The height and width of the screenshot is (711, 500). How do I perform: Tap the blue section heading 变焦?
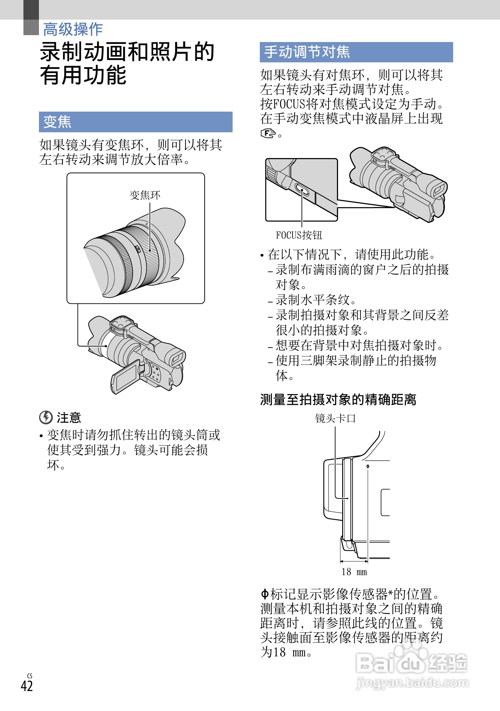[57, 122]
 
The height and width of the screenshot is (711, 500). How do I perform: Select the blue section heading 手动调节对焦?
[307, 52]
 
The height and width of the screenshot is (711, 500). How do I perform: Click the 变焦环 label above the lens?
[145, 195]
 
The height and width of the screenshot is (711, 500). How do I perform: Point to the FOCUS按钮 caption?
[299, 235]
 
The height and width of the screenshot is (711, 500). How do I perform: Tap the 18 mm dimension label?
[354, 572]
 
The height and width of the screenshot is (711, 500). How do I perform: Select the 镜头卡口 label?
[335, 419]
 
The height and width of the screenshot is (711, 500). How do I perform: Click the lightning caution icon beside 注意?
[45, 418]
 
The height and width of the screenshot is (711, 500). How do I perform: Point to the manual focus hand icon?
[268, 133]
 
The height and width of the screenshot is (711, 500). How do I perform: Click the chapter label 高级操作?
[73, 29]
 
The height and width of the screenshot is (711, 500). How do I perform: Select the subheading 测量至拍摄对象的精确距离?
[338, 400]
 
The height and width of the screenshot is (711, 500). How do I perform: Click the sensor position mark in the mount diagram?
[368, 466]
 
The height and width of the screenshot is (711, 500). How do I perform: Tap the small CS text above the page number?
[30, 676]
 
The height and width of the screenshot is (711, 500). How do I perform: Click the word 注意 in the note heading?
[69, 418]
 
